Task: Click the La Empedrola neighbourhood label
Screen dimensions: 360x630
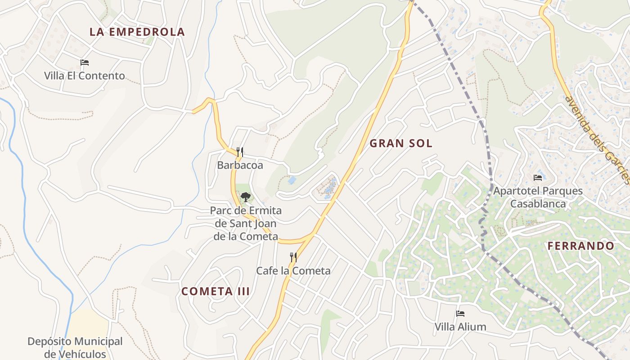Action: pyautogui.click(x=137, y=32)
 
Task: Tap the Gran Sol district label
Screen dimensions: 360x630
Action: pyautogui.click(x=400, y=144)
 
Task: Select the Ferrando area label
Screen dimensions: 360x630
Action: pyautogui.click(x=580, y=246)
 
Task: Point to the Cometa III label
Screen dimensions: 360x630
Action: pyautogui.click(x=215, y=291)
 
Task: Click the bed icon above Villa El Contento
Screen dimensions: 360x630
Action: pyautogui.click(x=84, y=63)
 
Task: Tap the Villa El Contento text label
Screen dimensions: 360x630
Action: pyautogui.click(x=84, y=76)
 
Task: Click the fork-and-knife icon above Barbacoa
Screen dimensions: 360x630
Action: pyautogui.click(x=240, y=152)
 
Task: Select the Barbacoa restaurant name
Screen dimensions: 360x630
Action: pyautogui.click(x=240, y=165)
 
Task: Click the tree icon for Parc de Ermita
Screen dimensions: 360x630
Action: pyautogui.click(x=245, y=197)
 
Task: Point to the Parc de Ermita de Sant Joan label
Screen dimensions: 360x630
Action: pyautogui.click(x=246, y=223)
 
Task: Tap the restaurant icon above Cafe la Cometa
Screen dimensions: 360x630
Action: pyautogui.click(x=293, y=257)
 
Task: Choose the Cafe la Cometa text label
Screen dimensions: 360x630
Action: pyautogui.click(x=293, y=271)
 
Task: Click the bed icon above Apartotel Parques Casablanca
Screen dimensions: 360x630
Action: pyautogui.click(x=538, y=178)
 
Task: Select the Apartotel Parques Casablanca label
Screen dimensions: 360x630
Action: pyautogui.click(x=538, y=197)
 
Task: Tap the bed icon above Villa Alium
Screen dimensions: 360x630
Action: pyautogui.click(x=460, y=314)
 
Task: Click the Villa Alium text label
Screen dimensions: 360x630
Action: pyautogui.click(x=460, y=327)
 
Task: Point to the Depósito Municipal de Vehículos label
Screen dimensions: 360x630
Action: pyautogui.click(x=75, y=347)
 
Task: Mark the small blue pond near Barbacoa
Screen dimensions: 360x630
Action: pyautogui.click(x=292, y=180)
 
